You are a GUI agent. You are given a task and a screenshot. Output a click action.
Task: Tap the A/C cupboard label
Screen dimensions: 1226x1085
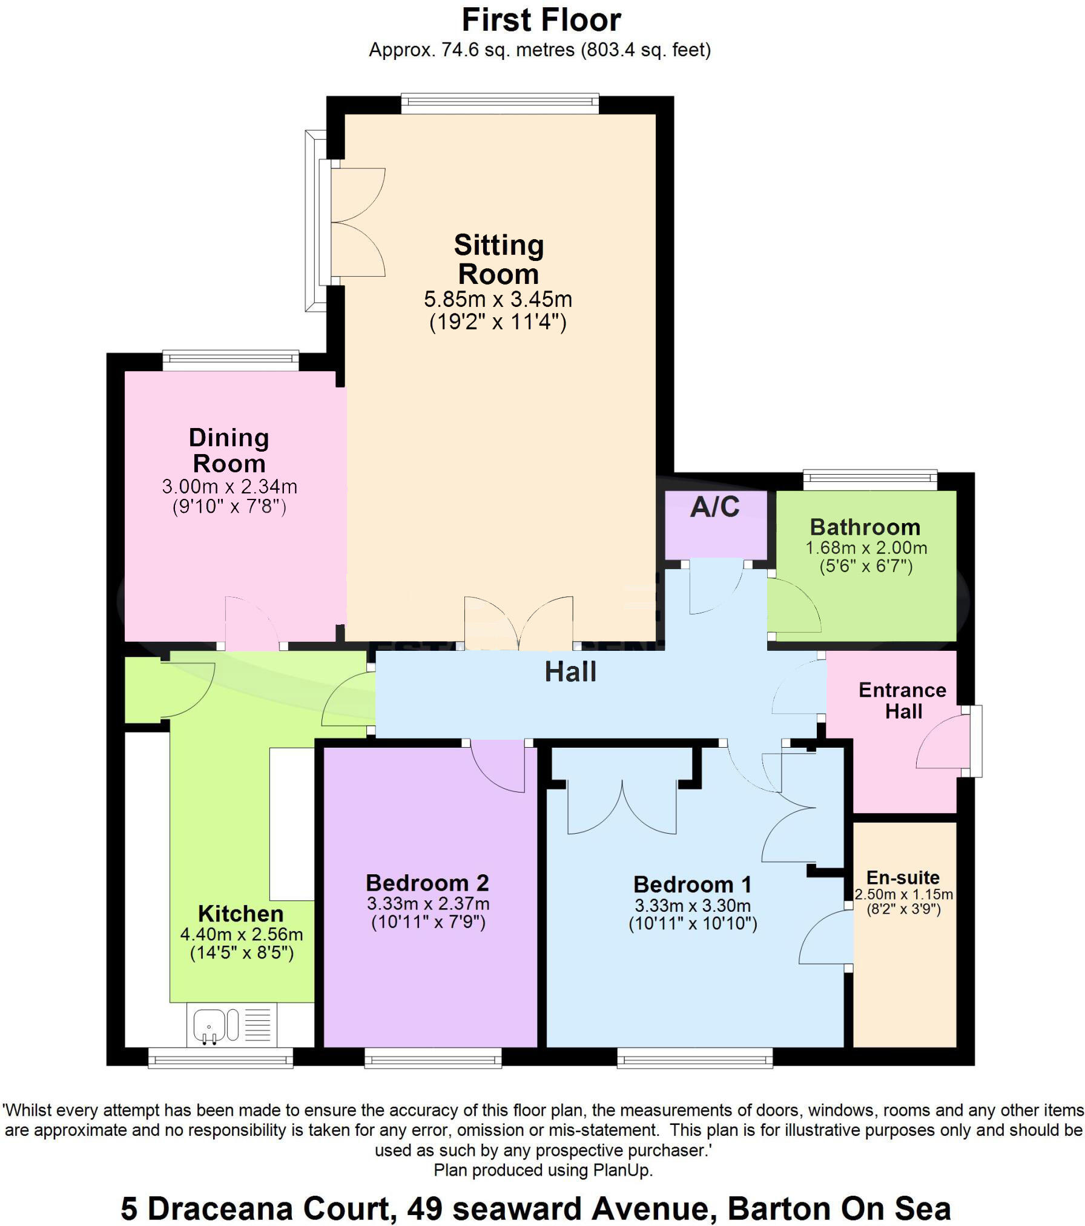[x=715, y=507]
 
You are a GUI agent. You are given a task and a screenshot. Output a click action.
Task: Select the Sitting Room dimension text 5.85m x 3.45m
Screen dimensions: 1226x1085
[x=498, y=299]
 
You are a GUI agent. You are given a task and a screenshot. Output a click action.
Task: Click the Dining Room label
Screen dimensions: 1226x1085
[x=229, y=450]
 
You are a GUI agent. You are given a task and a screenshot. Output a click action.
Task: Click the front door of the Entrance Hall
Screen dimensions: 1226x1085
[x=945, y=742]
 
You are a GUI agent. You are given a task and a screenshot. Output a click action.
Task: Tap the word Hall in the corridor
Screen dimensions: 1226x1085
[x=570, y=672]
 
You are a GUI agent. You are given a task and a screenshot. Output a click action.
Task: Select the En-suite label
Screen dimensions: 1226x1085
[x=903, y=877]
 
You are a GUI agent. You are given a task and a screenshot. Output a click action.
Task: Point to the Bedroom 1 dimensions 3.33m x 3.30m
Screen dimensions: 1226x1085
[x=693, y=906]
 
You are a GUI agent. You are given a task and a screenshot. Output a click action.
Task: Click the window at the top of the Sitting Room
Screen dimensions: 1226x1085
[x=500, y=104]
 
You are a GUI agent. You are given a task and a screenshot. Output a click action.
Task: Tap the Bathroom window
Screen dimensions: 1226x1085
[x=870, y=480]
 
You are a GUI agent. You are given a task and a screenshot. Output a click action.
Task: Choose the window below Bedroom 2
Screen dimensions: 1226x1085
[x=433, y=1058]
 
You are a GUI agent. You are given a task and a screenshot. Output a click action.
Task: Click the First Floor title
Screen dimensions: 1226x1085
[x=541, y=21]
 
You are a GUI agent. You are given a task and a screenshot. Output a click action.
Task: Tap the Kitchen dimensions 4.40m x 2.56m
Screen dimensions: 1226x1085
[x=242, y=934]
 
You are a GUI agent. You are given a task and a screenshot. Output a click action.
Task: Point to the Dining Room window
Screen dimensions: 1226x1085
[x=231, y=361]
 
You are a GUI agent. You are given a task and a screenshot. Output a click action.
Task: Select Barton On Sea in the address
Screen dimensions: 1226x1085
[x=839, y=1208]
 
